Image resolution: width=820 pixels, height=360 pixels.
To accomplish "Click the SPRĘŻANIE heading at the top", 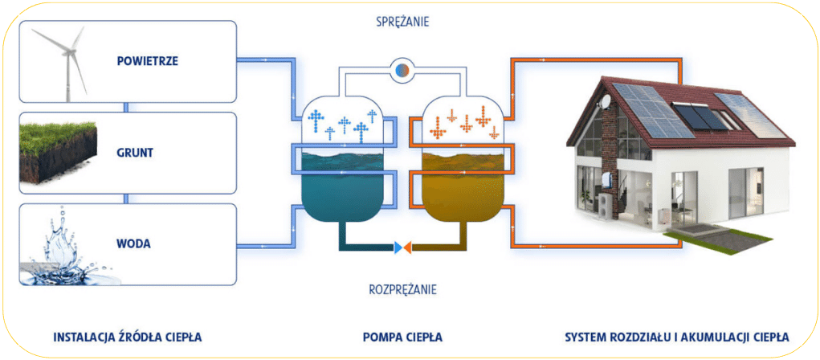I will coord(403,22).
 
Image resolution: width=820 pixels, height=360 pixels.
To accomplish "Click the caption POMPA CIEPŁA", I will coord(402,336).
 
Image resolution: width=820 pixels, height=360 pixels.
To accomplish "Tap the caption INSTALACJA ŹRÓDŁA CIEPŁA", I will coord(127,336).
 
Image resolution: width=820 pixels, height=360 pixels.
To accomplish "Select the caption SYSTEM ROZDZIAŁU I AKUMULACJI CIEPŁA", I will coord(677,336).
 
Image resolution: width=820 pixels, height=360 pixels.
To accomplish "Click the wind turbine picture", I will coord(67,63).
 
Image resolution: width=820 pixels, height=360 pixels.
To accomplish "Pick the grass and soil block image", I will coord(59,153).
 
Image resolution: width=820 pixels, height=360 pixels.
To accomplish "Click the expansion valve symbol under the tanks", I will coord(403,247).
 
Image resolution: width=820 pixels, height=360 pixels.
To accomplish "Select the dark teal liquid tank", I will coord(337,193).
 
